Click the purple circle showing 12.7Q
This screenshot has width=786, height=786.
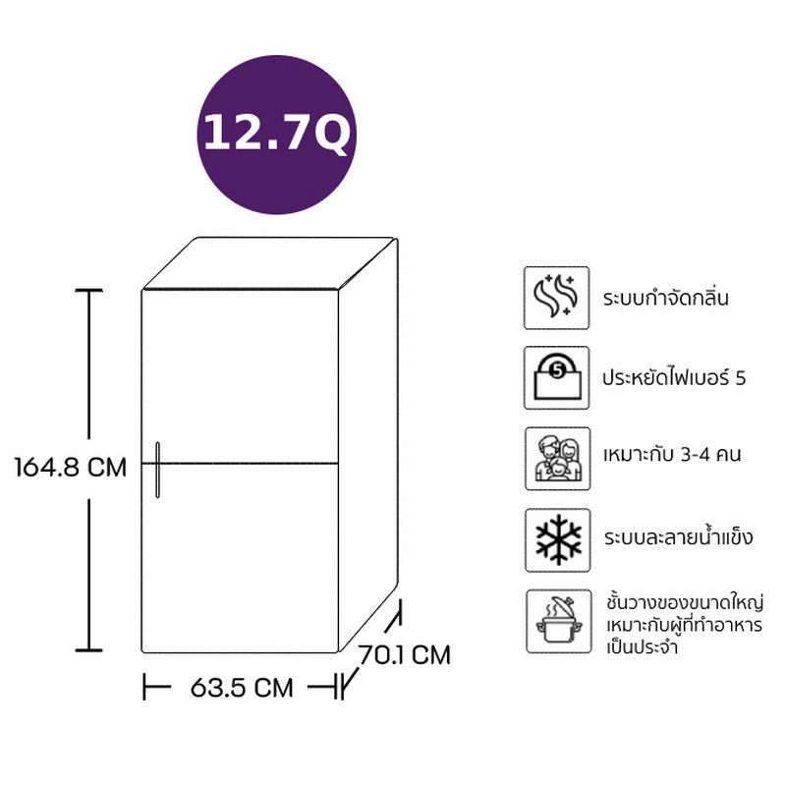click(x=277, y=135)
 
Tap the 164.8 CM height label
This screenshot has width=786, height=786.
click(x=71, y=468)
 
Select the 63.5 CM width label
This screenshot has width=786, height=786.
click(x=242, y=687)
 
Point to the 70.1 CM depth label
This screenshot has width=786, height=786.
click(x=404, y=654)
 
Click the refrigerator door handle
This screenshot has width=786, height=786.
click(x=158, y=470)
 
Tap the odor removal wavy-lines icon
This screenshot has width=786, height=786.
click(x=556, y=299)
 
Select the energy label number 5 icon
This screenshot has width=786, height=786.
click(x=556, y=378)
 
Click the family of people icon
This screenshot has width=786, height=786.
click(x=557, y=459)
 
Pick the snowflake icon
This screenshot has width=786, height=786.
click(x=557, y=540)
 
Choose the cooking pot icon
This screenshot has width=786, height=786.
click(x=558, y=622)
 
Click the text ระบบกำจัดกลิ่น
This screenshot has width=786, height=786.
click(x=666, y=297)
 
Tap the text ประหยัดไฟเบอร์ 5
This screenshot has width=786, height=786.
click(x=674, y=377)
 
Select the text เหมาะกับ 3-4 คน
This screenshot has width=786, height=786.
click(x=672, y=455)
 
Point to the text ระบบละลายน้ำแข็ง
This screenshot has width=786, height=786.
click(x=678, y=536)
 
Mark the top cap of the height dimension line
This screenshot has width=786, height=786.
click(x=89, y=290)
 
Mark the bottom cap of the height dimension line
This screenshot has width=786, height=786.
click(x=89, y=650)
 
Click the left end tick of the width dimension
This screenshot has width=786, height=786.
click(x=144, y=687)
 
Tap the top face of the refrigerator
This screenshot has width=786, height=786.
click(x=269, y=263)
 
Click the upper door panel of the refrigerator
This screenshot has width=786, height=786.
click(x=240, y=376)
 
